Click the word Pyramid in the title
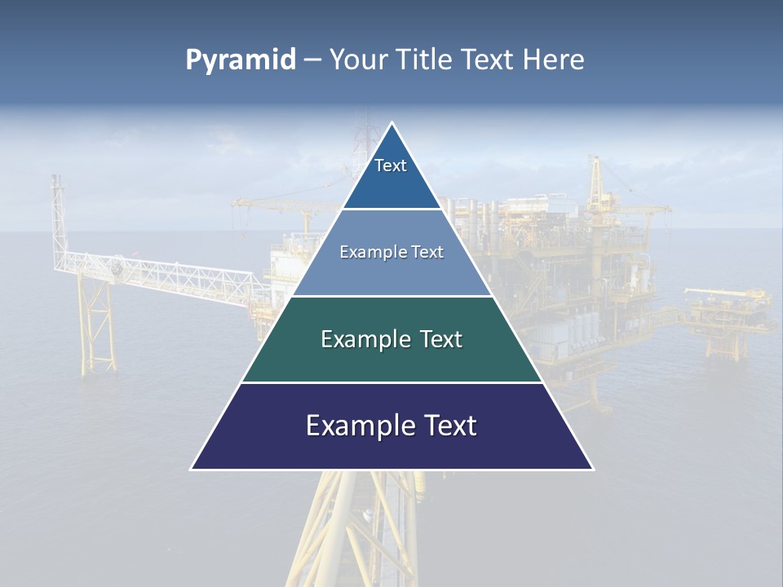pyautogui.click(x=241, y=60)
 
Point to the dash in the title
pyautogui.click(x=312, y=60)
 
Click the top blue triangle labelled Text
pyautogui.click(x=391, y=175)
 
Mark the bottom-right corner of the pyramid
pyautogui.click(x=592, y=469)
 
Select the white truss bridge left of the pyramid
pyautogui.click(x=163, y=273)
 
